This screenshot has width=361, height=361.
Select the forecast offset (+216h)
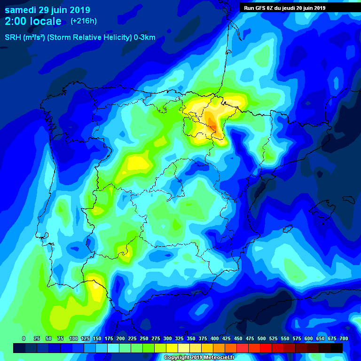(83, 21)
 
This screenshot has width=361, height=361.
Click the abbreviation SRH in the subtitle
(13, 38)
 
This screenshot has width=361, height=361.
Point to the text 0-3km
(145, 38)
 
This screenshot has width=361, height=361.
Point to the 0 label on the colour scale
(24, 339)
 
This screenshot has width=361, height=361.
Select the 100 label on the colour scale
(73, 339)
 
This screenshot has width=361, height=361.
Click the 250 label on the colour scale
(144, 339)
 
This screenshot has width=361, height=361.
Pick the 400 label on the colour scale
(214, 339)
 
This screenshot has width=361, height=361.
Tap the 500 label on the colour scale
(261, 339)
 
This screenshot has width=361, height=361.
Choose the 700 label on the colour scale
(344, 339)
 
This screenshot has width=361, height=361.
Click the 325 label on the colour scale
(179, 339)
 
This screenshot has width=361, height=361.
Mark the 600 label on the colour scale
(308, 339)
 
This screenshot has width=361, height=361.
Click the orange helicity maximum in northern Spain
(212, 123)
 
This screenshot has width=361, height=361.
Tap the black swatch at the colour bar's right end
(337, 348)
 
